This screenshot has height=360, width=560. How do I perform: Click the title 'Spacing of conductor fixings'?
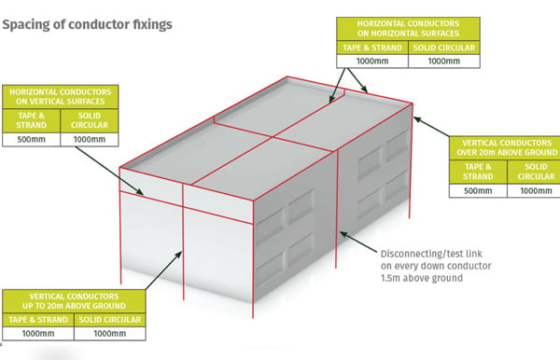click(x=87, y=24)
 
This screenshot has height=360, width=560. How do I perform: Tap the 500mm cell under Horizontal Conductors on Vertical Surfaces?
click(x=32, y=139)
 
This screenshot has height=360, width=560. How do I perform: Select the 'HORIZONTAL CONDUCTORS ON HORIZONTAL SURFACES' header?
click(x=408, y=29)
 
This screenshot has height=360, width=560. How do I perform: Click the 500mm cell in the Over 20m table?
click(x=478, y=190)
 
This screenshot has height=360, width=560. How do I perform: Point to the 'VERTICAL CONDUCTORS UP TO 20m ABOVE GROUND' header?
click(x=74, y=301)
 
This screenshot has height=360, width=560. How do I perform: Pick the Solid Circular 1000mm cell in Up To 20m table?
click(x=109, y=333)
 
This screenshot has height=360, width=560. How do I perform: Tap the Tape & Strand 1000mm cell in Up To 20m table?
click(x=38, y=333)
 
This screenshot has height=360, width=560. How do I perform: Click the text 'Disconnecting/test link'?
click(x=431, y=254)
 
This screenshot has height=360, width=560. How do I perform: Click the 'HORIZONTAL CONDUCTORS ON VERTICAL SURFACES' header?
click(x=61, y=97)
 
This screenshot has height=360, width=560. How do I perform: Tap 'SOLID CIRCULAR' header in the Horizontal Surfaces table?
click(x=444, y=48)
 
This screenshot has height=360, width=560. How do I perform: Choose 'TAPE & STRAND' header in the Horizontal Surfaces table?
click(x=372, y=48)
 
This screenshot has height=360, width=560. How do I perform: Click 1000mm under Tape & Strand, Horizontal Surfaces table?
click(x=372, y=61)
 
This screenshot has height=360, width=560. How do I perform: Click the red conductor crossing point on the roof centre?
click(x=273, y=137)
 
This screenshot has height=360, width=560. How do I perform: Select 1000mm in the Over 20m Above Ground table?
click(x=536, y=190)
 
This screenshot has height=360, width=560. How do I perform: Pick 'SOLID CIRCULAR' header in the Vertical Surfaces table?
click(x=90, y=120)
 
